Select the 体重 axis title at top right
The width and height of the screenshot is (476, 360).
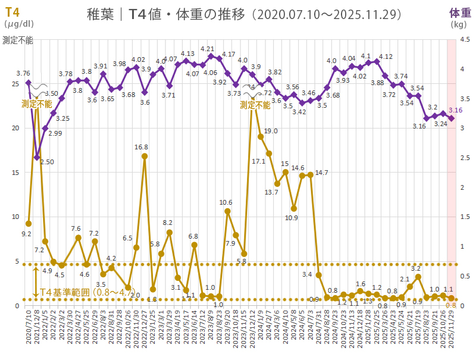(x=459, y=12)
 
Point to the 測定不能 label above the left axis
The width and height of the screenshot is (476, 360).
(x=18, y=40)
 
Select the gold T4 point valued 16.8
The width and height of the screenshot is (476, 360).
(x=145, y=156)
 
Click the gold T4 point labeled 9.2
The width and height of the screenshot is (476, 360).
(x=29, y=224)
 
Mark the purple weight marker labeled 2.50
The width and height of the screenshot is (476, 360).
(x=37, y=157)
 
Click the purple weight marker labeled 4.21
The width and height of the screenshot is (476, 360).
(x=211, y=56)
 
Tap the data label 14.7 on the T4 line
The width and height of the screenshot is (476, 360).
(x=322, y=173)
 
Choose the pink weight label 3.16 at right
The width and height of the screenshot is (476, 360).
(x=456, y=111)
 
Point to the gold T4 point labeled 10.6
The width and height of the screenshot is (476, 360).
(x=227, y=211)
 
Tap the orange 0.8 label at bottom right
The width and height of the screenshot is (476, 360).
(x=450, y=305)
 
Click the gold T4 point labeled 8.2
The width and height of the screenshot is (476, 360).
(x=170, y=233)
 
